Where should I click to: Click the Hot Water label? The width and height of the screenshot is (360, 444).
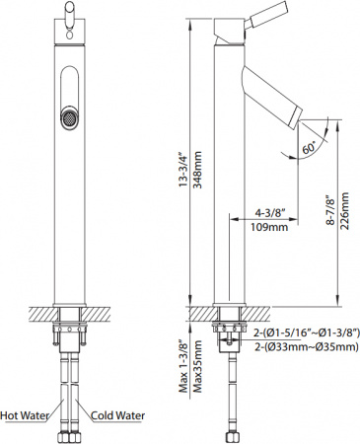point(28,415)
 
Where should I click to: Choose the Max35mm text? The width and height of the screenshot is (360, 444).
point(197,360)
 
